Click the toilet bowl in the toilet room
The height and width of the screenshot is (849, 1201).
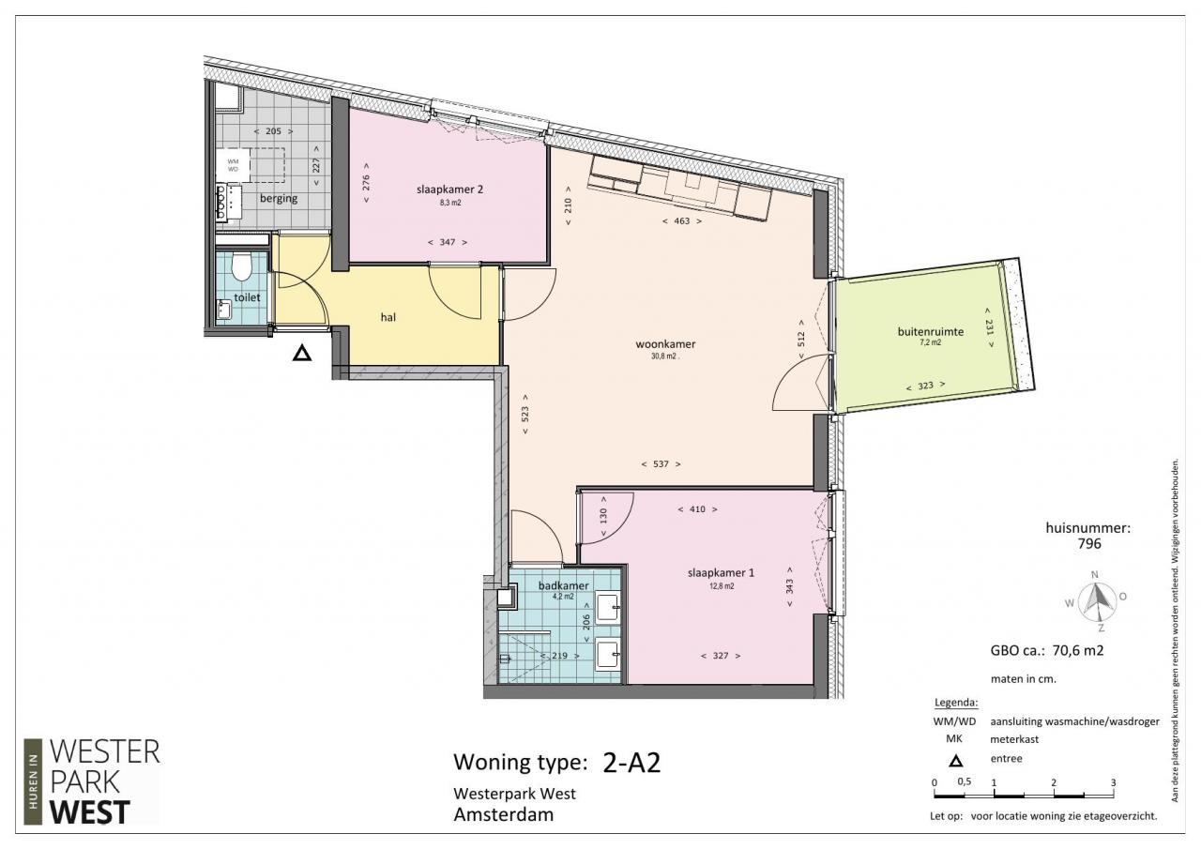click(241, 267)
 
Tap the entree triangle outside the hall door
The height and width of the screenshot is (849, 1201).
click(302, 354)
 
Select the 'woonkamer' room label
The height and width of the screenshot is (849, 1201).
click(665, 343)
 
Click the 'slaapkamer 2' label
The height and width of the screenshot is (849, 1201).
click(449, 190)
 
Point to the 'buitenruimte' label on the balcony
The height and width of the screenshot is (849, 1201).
click(930, 331)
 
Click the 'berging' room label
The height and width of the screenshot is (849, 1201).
click(279, 198)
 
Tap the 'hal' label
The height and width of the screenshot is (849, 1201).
click(388, 317)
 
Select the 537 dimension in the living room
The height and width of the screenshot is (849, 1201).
click(661, 464)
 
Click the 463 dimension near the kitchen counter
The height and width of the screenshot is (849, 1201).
click(681, 220)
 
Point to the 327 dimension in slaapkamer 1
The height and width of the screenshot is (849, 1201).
click(721, 656)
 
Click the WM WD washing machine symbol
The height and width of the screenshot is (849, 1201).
click(234, 165)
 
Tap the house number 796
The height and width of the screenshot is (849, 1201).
click(1089, 543)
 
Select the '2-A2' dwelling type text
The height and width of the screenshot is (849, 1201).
click(631, 762)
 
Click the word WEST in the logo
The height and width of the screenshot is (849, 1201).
click(90, 812)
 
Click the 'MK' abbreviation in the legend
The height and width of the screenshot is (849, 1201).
click(954, 739)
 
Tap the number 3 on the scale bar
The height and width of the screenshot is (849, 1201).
click(1113, 782)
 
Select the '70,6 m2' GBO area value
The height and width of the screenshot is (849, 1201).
click(1078, 651)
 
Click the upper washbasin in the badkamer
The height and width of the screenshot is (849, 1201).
click(607, 608)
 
